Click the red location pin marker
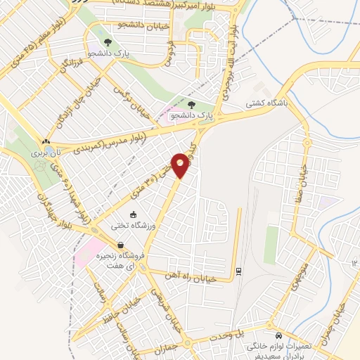pyautogui.click(x=181, y=165)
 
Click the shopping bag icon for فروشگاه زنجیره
pyautogui.click(x=122, y=245)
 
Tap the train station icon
pyautogui.click(x=238, y=270)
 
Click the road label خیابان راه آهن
pyautogui.click(x=200, y=278)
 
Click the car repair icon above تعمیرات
pyautogui.click(x=279, y=335)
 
